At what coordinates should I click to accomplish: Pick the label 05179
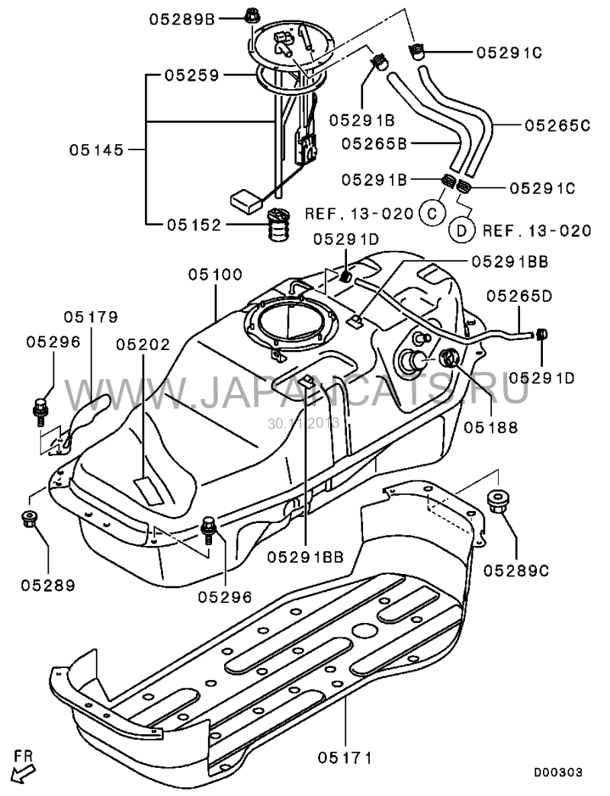tap(91, 316)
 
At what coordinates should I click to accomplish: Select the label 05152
tap(194, 225)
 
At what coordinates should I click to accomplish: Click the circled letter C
tap(432, 213)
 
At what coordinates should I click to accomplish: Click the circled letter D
tap(462, 229)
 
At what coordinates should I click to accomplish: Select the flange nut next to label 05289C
tap(499, 502)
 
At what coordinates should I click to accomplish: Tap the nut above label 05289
tap(30, 519)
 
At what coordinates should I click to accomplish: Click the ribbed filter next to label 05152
tap(278, 223)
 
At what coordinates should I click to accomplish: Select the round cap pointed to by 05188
tap(448, 357)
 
